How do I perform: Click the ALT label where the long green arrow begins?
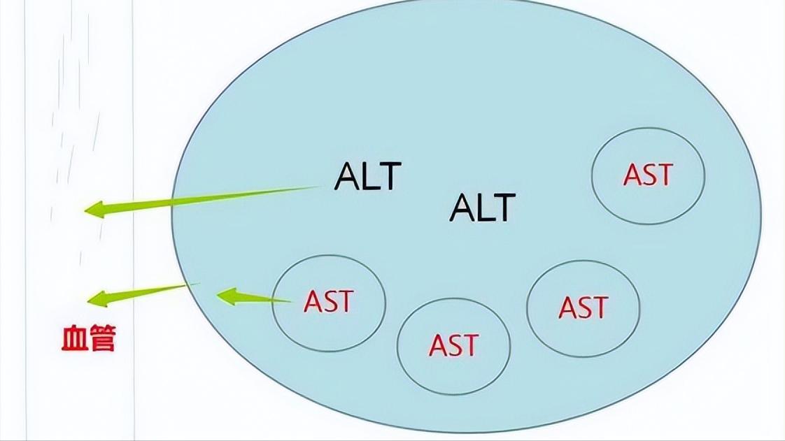(x=368, y=176)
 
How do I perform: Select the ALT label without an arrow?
(x=482, y=207)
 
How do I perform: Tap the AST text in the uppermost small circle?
(x=648, y=175)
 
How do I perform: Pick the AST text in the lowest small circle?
(x=453, y=345)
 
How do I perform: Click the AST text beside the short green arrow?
(x=328, y=301)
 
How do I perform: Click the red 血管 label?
(x=89, y=340)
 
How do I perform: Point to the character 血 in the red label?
(x=75, y=340)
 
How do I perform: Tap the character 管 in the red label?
(x=103, y=340)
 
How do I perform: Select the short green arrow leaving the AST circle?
(x=252, y=298)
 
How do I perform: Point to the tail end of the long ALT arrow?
(x=318, y=187)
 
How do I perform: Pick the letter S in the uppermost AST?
(x=648, y=175)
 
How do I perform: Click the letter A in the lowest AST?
(x=438, y=345)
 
